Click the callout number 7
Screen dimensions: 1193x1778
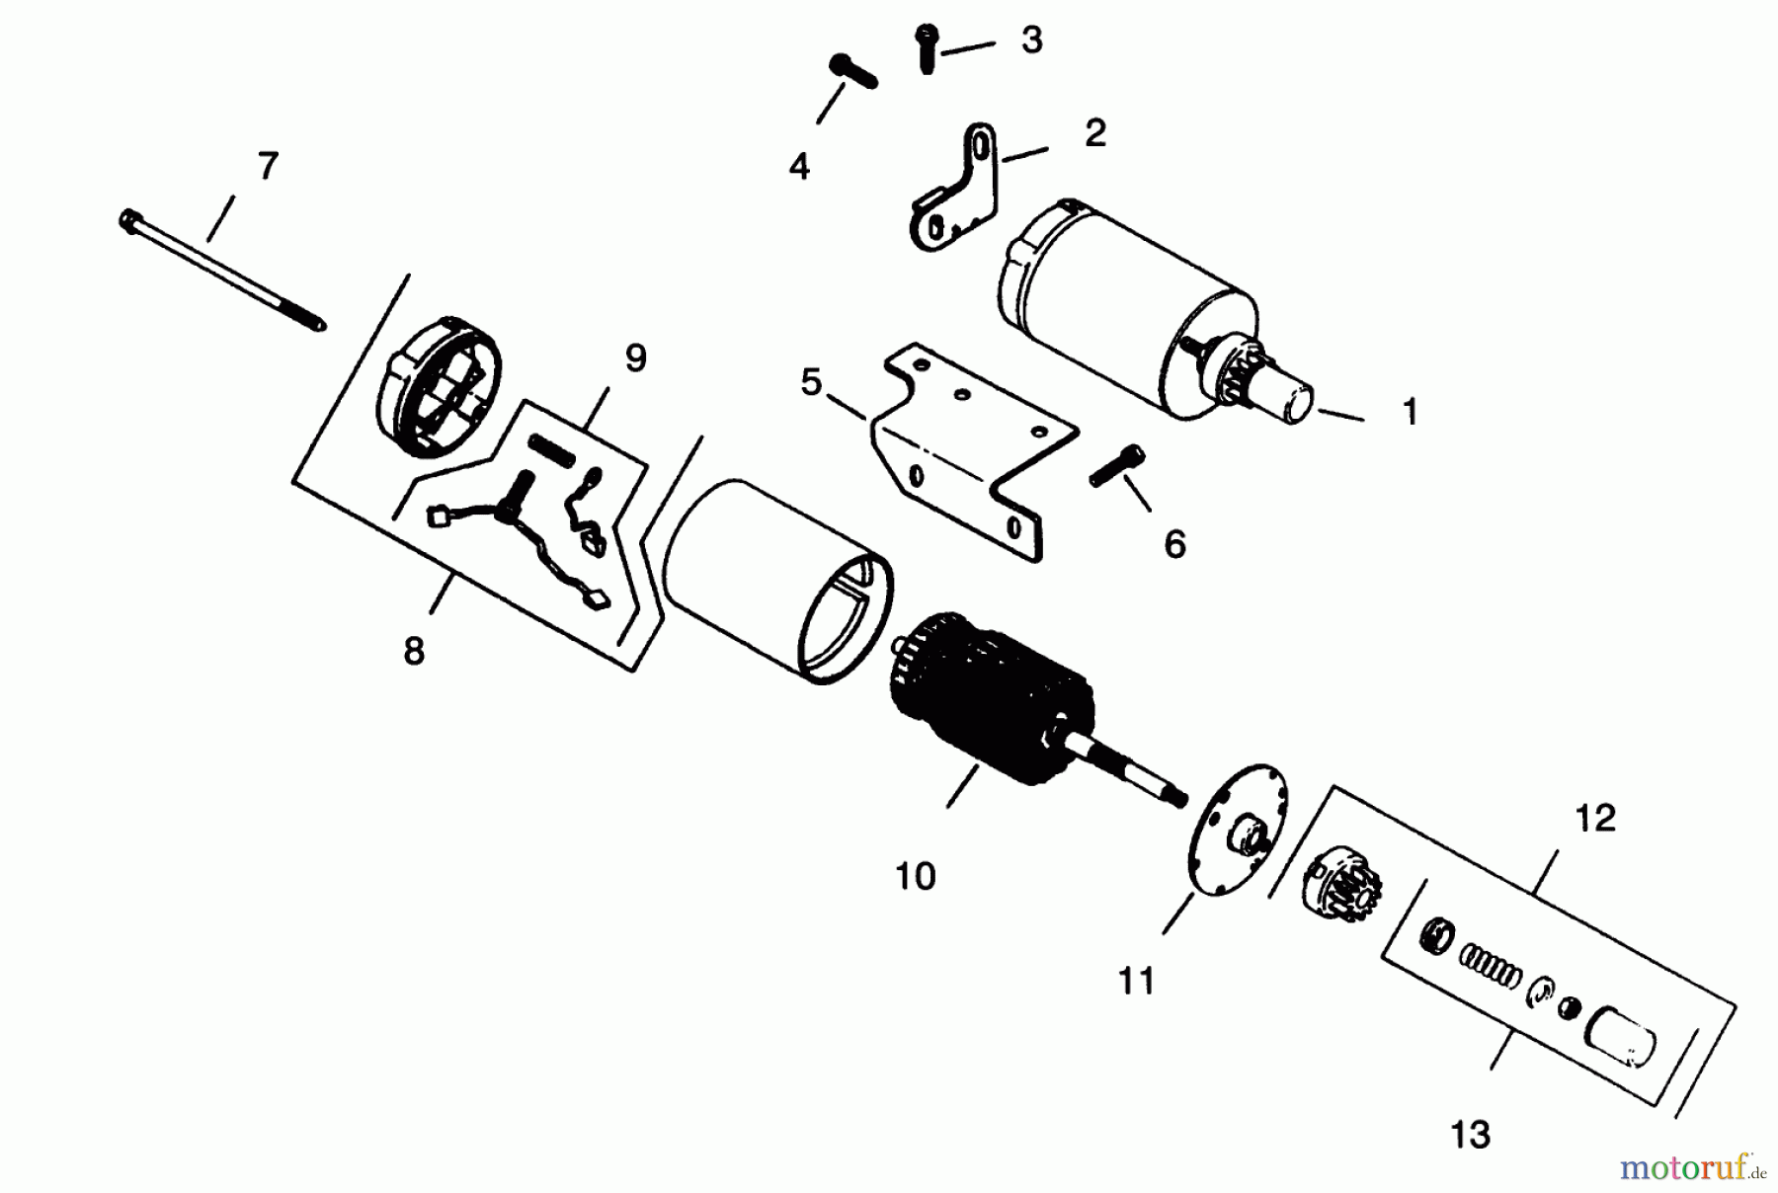(268, 166)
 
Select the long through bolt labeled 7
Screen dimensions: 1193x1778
(222, 271)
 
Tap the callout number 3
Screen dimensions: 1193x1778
(1031, 40)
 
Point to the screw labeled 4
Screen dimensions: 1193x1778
(852, 72)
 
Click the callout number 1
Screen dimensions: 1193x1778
(1410, 412)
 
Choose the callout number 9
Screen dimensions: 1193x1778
(635, 358)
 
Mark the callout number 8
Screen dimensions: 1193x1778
(414, 651)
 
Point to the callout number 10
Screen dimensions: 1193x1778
(915, 875)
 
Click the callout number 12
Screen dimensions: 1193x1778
(1595, 818)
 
